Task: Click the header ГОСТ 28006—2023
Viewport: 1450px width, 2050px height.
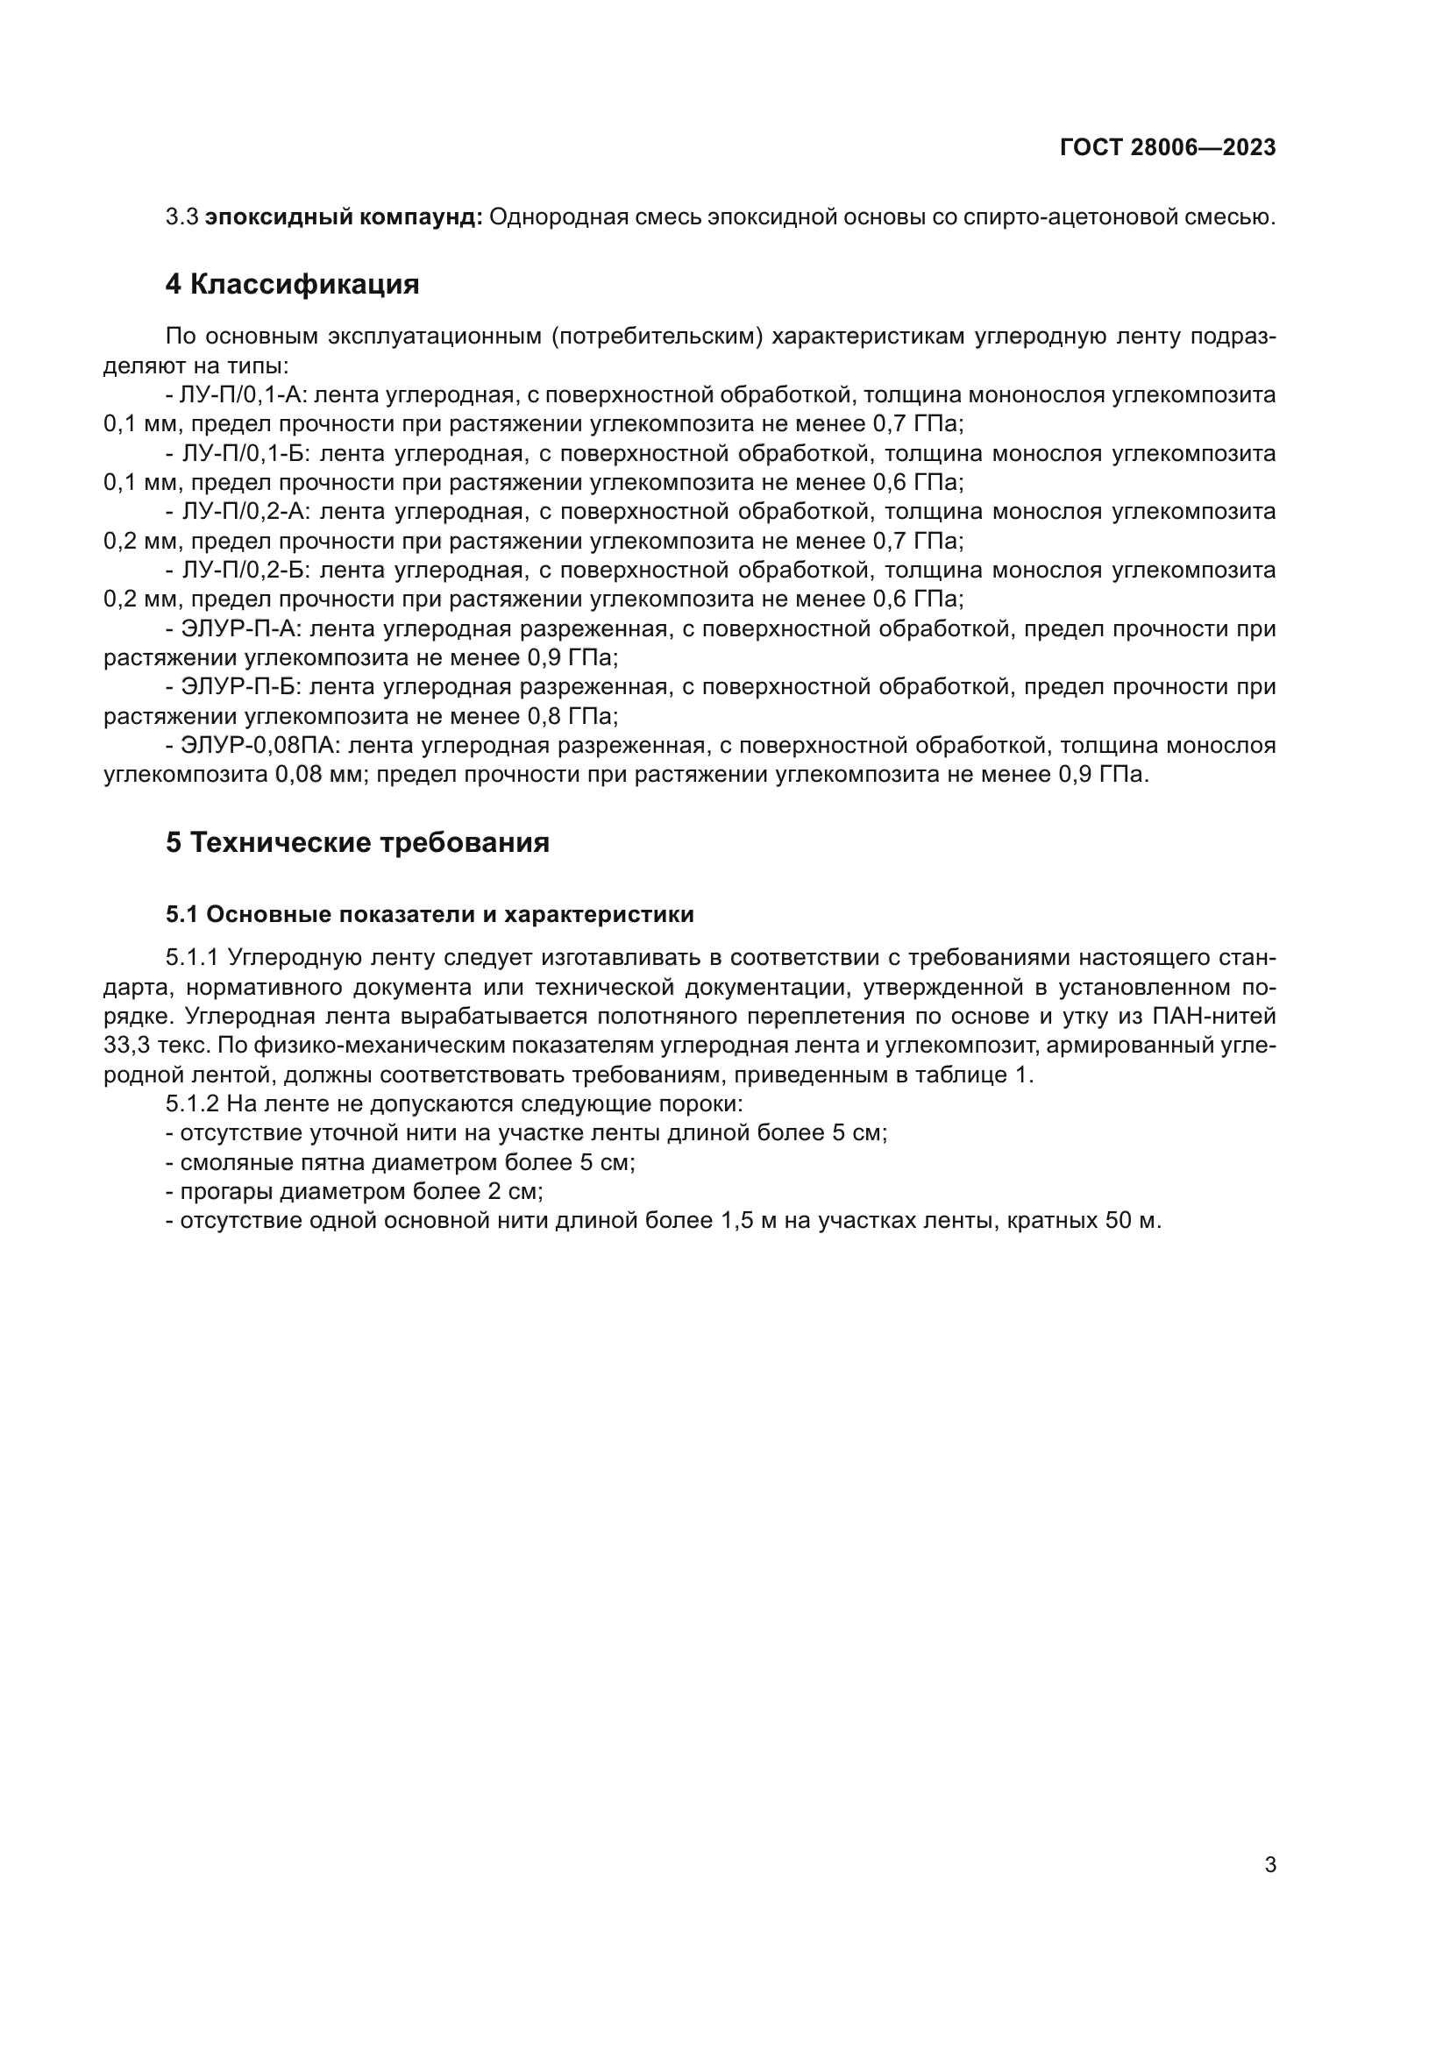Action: click(1167, 147)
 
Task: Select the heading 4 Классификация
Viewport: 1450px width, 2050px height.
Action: click(292, 284)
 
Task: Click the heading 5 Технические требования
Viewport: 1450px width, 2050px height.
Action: click(357, 842)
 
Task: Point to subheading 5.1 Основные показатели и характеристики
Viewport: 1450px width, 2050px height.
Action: click(430, 914)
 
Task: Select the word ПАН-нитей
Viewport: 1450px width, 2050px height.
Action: click(1214, 1016)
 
